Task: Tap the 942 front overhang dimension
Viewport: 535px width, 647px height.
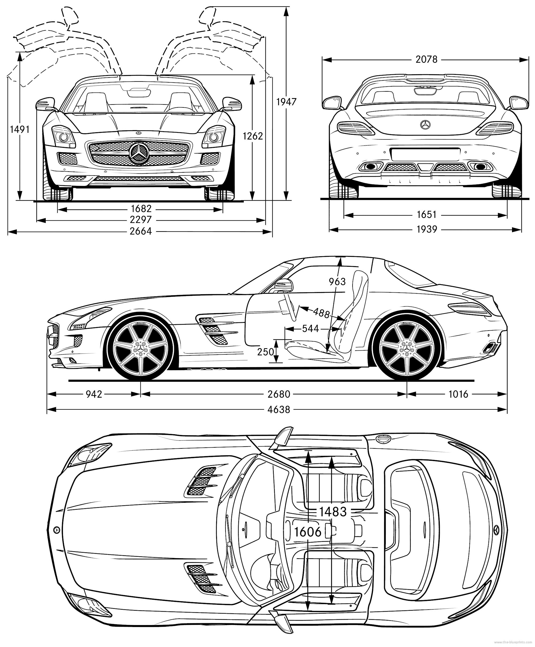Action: click(94, 394)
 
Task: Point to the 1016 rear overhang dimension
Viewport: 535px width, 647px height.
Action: click(458, 394)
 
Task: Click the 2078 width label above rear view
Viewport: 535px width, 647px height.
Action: click(426, 59)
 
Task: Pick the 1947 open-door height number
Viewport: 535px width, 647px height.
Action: click(286, 102)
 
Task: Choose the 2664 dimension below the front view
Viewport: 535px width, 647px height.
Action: click(140, 231)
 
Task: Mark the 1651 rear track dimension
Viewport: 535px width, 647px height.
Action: click(426, 215)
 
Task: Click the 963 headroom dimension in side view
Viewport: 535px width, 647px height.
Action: click(337, 281)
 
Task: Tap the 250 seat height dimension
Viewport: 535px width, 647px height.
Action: click(265, 352)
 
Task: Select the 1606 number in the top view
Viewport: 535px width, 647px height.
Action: click(308, 532)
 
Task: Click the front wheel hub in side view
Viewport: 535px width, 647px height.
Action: click(140, 348)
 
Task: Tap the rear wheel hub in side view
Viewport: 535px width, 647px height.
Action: click(407, 348)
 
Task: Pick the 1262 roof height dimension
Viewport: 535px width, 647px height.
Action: click(253, 136)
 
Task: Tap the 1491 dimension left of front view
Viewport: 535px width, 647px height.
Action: click(20, 129)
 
